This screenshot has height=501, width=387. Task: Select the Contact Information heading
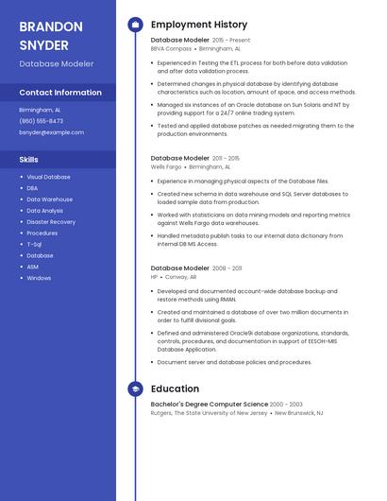60,93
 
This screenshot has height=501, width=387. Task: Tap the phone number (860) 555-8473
42,121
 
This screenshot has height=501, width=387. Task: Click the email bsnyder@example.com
52,132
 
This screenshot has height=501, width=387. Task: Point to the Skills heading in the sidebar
29,160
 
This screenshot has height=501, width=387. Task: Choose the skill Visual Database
48,177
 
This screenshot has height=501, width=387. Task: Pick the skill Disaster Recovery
51,222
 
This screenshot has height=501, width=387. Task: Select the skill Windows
39,278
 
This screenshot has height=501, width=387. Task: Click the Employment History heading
199,25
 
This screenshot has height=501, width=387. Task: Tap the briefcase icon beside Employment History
135,25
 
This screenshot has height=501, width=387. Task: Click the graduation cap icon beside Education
135,389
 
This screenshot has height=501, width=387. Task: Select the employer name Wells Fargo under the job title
165,166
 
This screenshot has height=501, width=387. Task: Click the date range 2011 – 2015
226,158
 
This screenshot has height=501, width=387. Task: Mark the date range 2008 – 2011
227,268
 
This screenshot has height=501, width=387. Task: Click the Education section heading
175,389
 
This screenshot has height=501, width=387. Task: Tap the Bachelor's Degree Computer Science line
209,404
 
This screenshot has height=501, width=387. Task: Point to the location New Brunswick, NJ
297,413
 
